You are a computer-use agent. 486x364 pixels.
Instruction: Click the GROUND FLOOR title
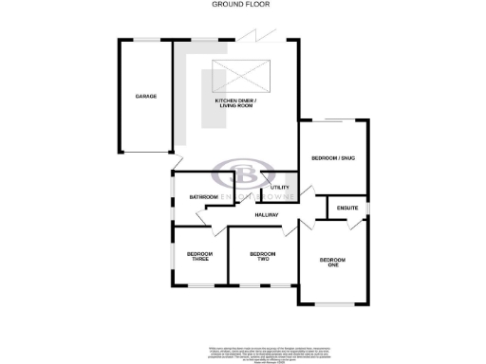click(x=242, y=5)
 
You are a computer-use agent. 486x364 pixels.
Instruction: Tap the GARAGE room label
click(x=145, y=97)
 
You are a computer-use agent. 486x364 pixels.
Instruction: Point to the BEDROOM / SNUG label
click(x=333, y=158)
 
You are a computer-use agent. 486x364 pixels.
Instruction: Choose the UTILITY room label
click(x=279, y=187)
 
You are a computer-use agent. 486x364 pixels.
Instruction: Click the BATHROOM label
click(x=203, y=197)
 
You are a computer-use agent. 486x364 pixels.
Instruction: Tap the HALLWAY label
click(x=267, y=217)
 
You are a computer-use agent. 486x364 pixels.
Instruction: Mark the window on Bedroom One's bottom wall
click(x=333, y=304)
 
